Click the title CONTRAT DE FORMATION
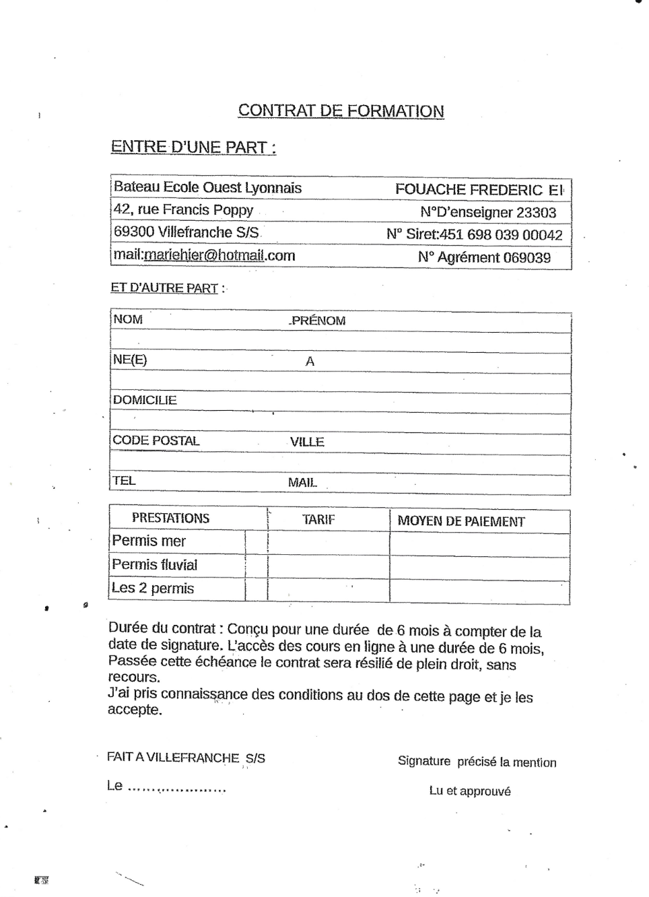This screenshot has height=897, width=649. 341,111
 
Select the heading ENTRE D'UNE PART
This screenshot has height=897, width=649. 193,147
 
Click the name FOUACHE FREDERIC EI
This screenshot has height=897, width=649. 479,190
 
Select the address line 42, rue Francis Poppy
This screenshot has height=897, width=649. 183,209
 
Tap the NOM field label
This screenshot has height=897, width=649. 128,319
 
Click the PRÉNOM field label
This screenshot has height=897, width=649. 318,321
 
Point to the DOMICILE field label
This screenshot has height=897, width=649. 145,400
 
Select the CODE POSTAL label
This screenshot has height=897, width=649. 156,440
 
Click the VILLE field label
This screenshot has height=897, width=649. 307,442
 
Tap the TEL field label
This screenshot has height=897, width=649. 124,481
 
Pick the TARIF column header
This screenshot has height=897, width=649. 318,519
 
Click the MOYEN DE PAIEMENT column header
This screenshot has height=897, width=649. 461,521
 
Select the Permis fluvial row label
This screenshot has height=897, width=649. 155,564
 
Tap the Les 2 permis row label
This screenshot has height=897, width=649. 153,588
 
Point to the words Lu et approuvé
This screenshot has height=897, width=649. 470,791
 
